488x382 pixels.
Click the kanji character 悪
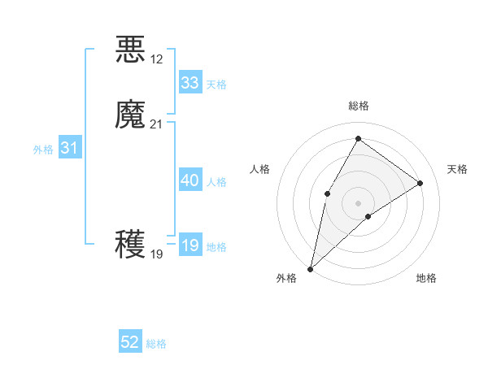[x=131, y=50]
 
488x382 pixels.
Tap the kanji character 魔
[x=131, y=115]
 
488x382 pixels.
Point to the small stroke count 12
[x=157, y=59]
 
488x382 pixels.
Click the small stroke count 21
[x=157, y=124]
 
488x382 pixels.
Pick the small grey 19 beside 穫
[x=157, y=254]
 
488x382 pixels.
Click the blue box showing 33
[x=190, y=83]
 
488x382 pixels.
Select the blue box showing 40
[x=190, y=180]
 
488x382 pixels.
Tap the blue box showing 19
[x=190, y=245]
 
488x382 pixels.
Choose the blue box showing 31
[x=69, y=148]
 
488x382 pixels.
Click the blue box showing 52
[x=130, y=342]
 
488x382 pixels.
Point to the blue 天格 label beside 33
[x=216, y=85]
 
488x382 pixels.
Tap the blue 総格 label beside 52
[x=156, y=344]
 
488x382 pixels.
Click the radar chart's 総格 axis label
[x=358, y=106]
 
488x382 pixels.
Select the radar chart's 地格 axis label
[x=426, y=278]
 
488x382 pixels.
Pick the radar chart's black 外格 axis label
[x=286, y=278]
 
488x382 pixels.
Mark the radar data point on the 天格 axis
[x=420, y=183]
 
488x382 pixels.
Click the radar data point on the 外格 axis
[x=310, y=268]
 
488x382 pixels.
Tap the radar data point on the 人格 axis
[x=327, y=193]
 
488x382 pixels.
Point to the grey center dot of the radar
[x=358, y=202]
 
